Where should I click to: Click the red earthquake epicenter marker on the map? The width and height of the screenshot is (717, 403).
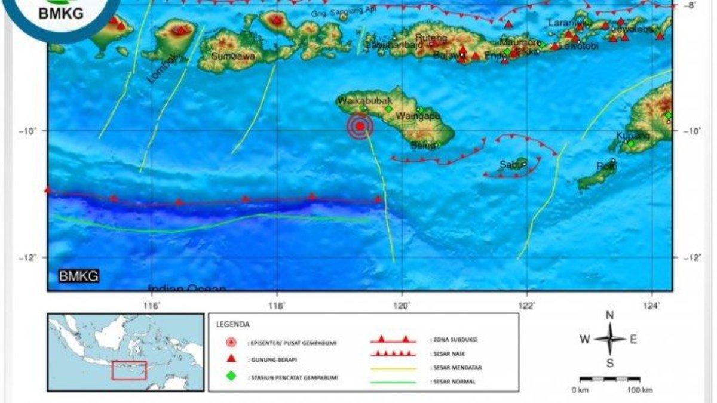click(x=360, y=126)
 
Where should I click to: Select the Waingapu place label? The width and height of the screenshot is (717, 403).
click(x=414, y=115)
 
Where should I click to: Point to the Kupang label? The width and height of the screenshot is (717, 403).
click(x=633, y=136)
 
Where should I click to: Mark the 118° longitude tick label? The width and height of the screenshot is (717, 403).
click(x=277, y=306)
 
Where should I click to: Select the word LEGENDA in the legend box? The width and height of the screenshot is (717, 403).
click(x=234, y=325)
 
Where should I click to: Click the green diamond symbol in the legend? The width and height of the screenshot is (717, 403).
click(x=231, y=376)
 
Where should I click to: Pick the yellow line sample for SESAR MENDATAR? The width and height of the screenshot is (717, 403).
click(x=393, y=368)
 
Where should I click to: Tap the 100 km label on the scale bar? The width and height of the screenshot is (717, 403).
click(x=639, y=390)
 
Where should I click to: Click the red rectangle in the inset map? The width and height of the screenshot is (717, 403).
click(x=129, y=370)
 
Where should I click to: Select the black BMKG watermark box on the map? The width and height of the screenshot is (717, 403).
click(x=78, y=276)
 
